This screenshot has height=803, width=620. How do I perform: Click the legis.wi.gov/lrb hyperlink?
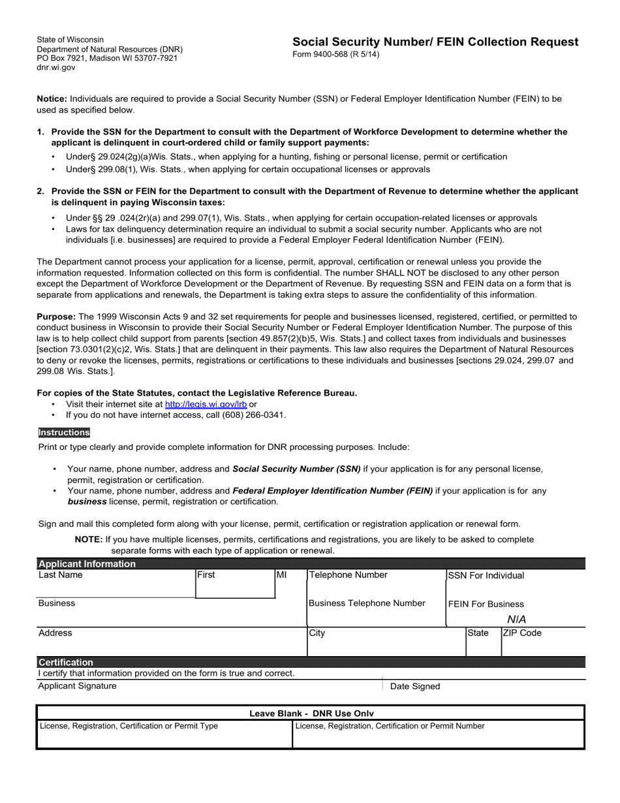(x=206, y=404)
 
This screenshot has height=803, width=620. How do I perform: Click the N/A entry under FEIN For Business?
(x=516, y=620)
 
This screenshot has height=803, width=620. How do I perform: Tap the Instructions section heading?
(x=64, y=432)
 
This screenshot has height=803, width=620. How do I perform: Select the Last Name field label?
(x=61, y=575)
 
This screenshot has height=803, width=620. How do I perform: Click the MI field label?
(x=281, y=575)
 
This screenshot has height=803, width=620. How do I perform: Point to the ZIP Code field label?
(x=522, y=633)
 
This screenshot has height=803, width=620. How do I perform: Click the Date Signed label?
(x=415, y=686)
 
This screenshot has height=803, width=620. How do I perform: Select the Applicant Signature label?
(x=78, y=685)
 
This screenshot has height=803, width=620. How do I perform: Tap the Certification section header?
(x=66, y=662)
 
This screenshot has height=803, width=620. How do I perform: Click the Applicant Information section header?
(x=87, y=564)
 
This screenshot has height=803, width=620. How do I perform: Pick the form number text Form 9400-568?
(x=335, y=54)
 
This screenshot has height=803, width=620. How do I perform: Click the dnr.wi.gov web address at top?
(x=56, y=67)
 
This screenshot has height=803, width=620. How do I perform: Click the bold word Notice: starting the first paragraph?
(x=52, y=99)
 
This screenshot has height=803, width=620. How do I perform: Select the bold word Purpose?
(x=56, y=316)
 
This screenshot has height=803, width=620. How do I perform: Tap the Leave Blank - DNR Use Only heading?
(x=311, y=714)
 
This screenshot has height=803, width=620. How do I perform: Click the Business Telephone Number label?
(x=367, y=603)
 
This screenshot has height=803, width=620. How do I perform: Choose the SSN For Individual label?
(x=486, y=575)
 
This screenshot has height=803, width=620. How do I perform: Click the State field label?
(x=478, y=633)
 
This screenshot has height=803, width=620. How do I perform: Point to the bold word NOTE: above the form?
(x=89, y=539)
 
